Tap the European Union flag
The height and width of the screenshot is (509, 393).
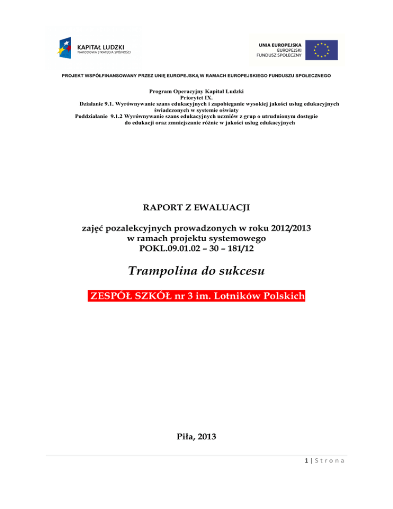tap(322, 49)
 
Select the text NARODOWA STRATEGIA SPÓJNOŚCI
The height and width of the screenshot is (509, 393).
tap(104, 52)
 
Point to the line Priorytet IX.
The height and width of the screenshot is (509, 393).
tap(196, 97)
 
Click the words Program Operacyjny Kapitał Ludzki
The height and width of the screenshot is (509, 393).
tap(196, 91)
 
